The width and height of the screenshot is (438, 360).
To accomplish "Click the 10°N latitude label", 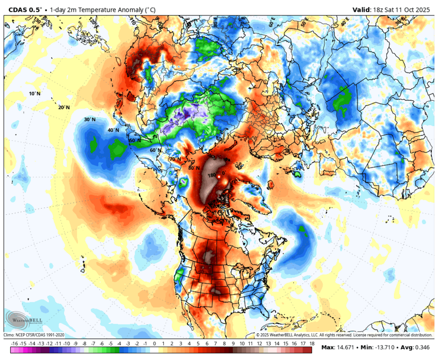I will coord(35,94).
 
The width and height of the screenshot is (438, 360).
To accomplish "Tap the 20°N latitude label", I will coord(64,107).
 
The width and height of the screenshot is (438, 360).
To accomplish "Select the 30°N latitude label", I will coord(89,120).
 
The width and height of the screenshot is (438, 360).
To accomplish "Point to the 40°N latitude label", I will coord(113,130).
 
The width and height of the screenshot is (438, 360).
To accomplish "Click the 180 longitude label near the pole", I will coord(211,175).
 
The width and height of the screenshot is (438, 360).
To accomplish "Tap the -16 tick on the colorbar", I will coord(15,344).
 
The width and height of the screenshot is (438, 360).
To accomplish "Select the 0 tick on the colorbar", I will coord(154,344).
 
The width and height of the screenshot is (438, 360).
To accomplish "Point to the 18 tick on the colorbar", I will coord(312,344).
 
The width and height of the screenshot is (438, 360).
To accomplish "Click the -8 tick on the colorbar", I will coord(84,344).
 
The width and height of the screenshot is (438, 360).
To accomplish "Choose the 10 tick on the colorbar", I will coord(242,344).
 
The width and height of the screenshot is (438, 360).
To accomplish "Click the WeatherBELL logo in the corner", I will coord(23,321).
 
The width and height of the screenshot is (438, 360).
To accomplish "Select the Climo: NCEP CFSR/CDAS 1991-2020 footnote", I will coord(34,335).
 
